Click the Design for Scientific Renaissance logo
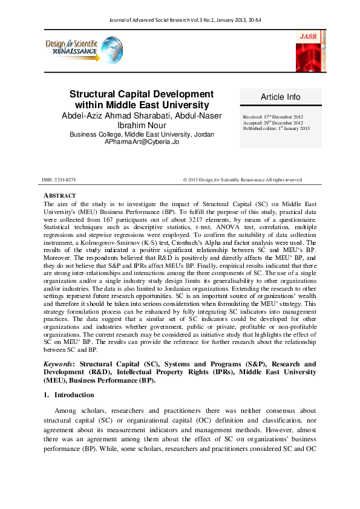pos(79,49)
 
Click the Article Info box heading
pos(280,97)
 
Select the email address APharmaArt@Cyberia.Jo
pos(142,141)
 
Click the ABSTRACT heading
pos(59,196)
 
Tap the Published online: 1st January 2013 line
pos(277,129)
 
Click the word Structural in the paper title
pos(95,95)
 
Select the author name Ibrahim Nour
pos(142,126)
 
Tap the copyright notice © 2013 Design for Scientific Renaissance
pos(242,180)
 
